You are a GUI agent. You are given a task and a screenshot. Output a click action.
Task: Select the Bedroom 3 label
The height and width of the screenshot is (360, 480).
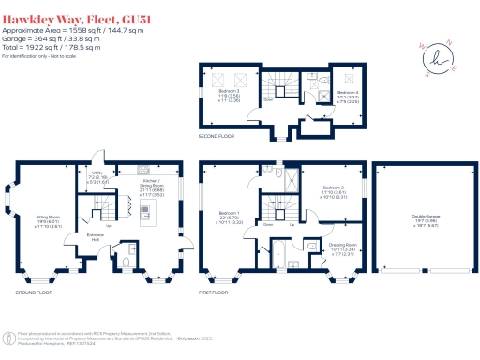point(230,96)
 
